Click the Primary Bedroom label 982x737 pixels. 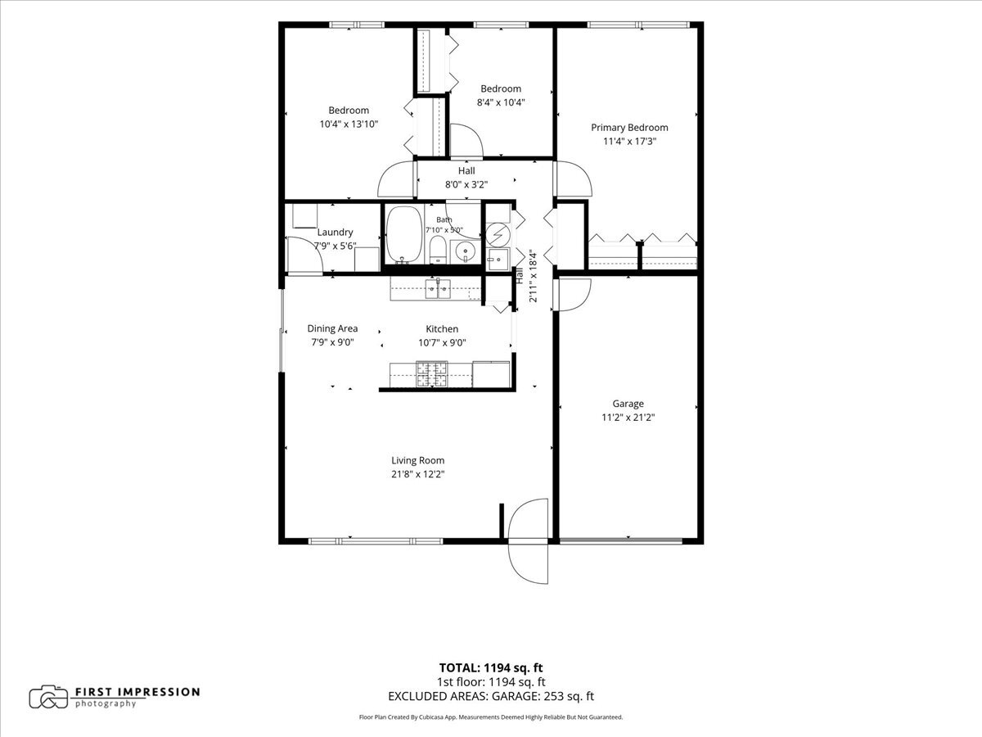(x=629, y=128)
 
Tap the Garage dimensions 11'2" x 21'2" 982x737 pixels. (x=628, y=418)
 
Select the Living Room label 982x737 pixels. (x=418, y=460)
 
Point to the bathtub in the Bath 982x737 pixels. (x=403, y=234)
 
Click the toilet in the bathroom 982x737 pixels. (x=438, y=250)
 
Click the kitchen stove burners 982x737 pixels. (x=432, y=374)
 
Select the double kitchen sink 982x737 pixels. (x=438, y=288)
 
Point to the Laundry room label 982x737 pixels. (x=335, y=233)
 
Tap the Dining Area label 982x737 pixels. (x=332, y=328)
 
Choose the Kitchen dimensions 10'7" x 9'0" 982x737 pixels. (x=442, y=343)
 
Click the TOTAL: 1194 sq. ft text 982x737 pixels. (x=491, y=668)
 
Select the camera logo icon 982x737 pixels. (x=48, y=697)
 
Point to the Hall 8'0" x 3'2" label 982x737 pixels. (x=466, y=177)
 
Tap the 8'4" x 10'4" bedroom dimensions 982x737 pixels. (x=501, y=102)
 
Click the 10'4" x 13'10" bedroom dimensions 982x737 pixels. (x=349, y=124)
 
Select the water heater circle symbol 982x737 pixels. (x=498, y=234)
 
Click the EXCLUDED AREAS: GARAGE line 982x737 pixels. (x=491, y=696)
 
